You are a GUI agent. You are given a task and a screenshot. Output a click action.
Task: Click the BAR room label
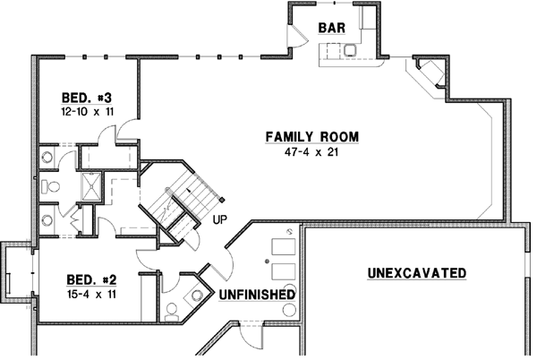332,28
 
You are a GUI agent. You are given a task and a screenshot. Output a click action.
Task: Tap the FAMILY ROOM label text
311,137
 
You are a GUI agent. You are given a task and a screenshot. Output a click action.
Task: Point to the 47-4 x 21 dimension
311,151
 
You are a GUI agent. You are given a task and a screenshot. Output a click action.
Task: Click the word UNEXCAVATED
416,272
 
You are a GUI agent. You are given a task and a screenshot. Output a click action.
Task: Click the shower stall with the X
92,186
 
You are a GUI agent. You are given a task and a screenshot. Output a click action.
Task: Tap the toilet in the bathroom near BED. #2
171,312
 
